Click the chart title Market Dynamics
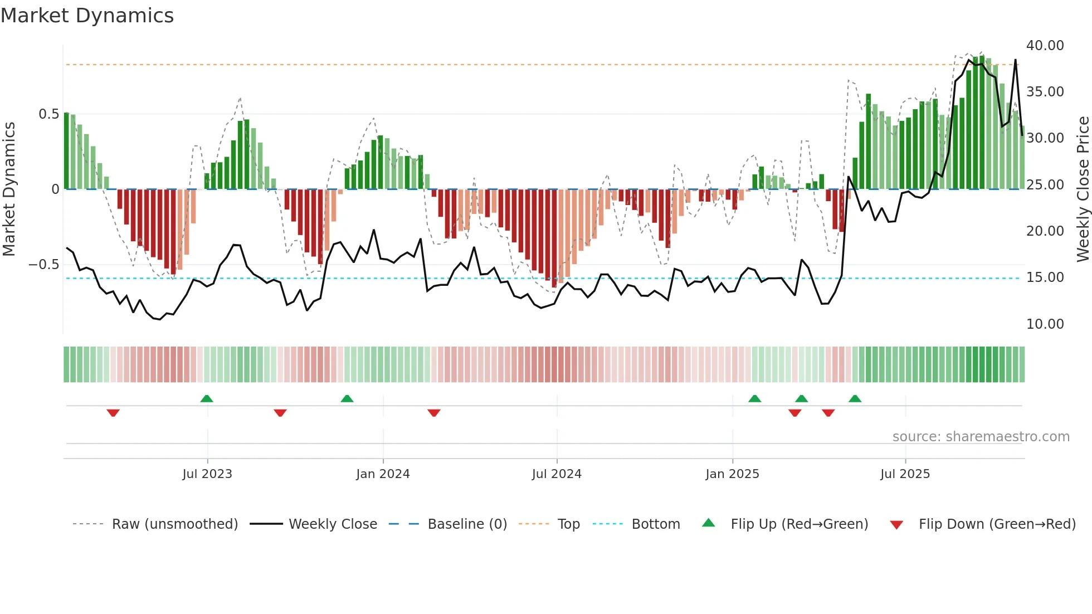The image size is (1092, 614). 87,16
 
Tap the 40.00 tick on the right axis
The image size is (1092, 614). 1045,46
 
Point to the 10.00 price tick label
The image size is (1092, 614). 1045,324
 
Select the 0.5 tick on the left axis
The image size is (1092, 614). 48,114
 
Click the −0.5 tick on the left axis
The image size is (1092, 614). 44,265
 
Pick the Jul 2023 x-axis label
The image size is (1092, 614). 207,474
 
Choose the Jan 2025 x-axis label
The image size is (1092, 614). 732,474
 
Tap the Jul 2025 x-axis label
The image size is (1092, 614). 905,474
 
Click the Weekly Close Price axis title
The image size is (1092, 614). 1083,189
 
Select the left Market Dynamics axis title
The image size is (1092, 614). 9,189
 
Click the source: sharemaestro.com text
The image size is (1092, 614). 981,437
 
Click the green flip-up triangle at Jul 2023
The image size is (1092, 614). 207,398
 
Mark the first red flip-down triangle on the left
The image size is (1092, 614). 113,413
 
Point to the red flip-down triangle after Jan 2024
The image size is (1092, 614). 434,413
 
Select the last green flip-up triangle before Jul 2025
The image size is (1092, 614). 855,398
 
